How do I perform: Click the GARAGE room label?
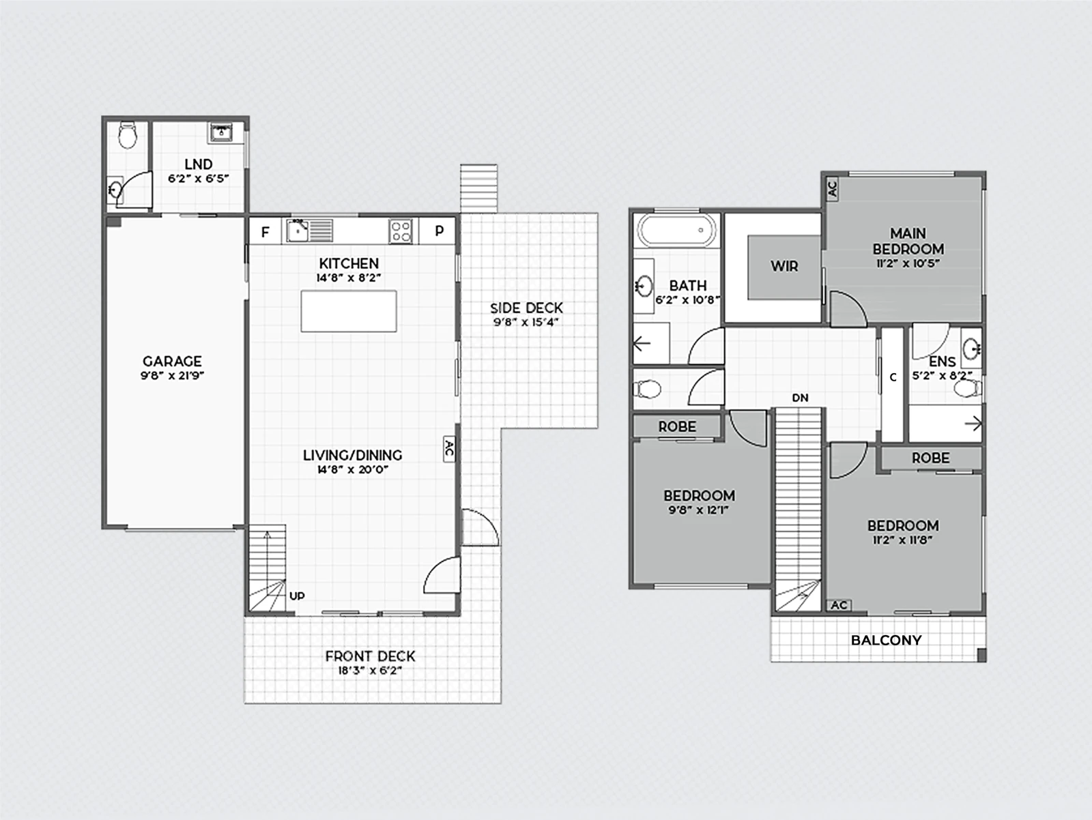(172, 361)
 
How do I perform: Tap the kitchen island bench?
(349, 311)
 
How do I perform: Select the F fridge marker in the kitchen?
(265, 232)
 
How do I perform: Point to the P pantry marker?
(439, 231)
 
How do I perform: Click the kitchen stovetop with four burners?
(401, 232)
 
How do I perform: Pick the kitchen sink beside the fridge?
(298, 231)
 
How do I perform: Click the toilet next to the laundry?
(128, 135)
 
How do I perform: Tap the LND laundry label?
(199, 164)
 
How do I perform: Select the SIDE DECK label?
(526, 308)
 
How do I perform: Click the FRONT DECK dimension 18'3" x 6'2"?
(370, 671)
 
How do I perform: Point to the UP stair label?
(297, 596)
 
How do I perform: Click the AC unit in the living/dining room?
(449, 449)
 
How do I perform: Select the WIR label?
(785, 267)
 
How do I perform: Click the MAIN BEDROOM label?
(908, 241)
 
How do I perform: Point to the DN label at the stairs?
(801, 398)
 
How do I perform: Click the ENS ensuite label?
(943, 362)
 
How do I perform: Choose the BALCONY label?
(886, 640)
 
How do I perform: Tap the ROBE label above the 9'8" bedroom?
(677, 426)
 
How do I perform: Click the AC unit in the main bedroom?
(832, 188)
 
